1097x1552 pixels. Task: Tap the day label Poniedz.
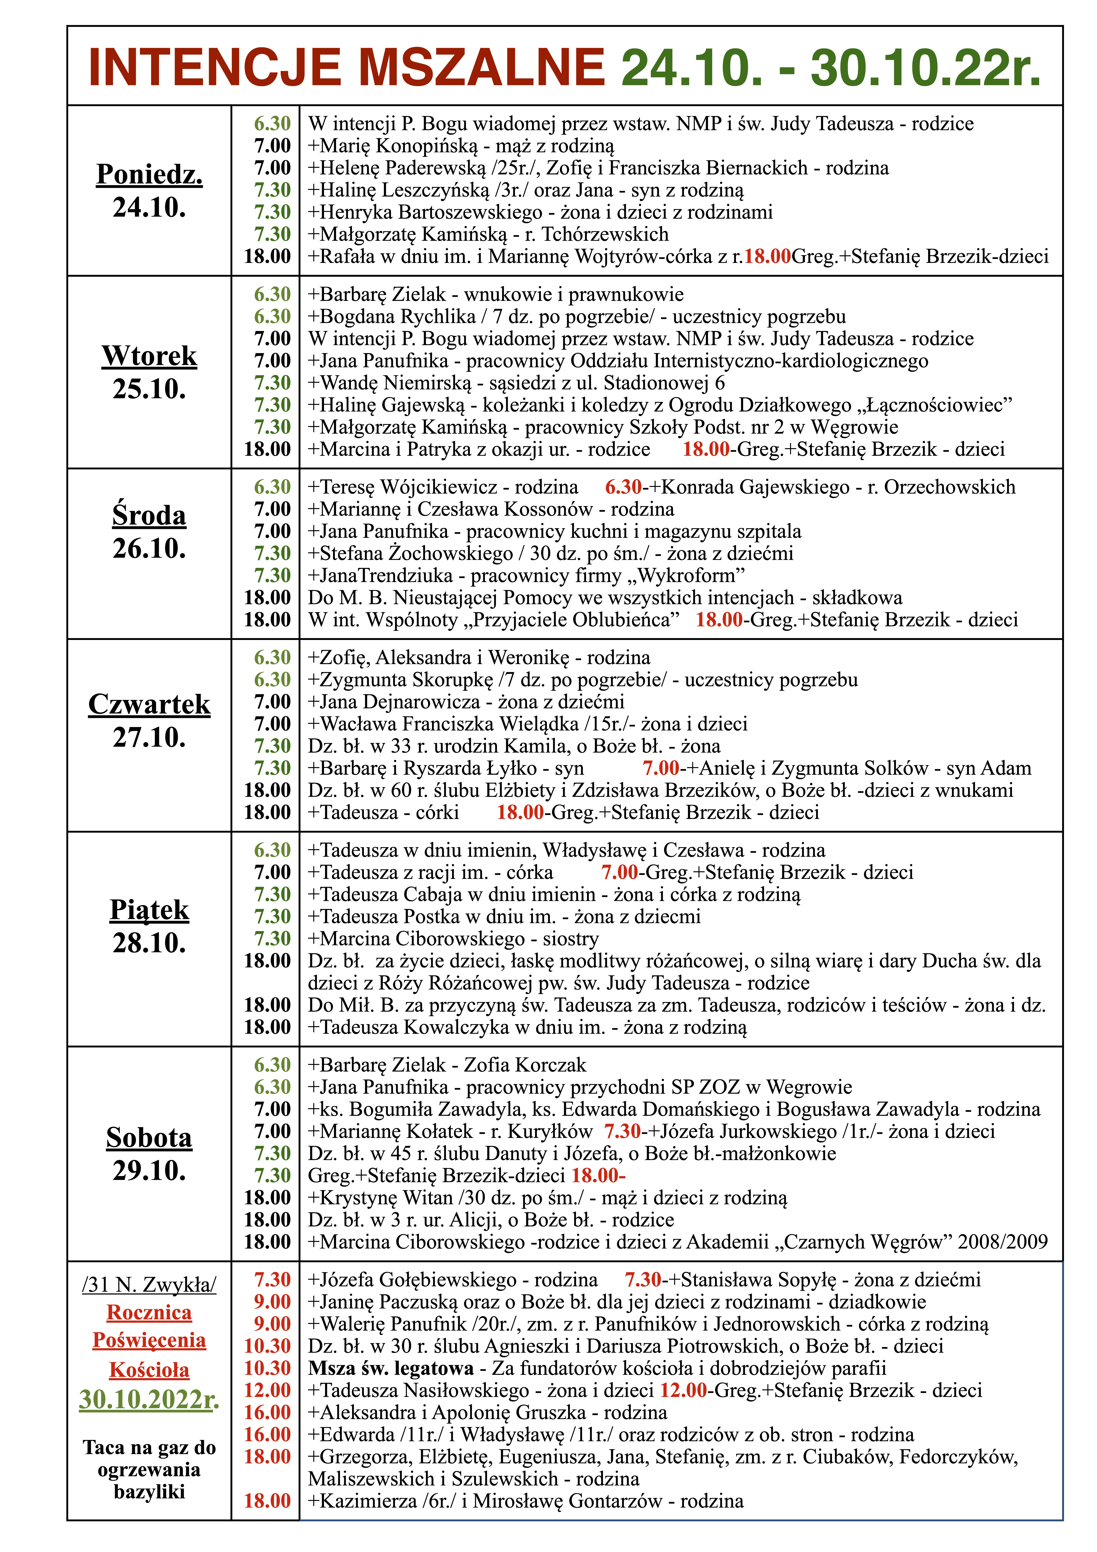click(x=149, y=174)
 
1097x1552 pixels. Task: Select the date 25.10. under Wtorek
click(x=149, y=389)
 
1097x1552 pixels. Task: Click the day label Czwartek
click(x=149, y=704)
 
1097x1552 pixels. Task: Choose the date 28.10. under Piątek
click(x=149, y=943)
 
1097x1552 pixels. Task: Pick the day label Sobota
click(x=149, y=1138)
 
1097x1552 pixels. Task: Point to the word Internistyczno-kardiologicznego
click(x=791, y=361)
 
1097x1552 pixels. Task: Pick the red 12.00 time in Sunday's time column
click(x=268, y=1390)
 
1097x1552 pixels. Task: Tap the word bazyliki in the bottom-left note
click(x=149, y=1492)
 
